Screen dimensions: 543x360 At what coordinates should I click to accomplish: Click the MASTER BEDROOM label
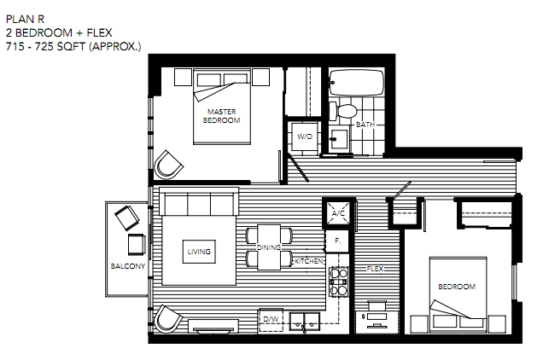click(x=222, y=116)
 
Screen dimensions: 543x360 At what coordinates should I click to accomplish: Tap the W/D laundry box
click(x=305, y=136)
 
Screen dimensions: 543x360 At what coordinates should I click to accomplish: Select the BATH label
click(x=365, y=125)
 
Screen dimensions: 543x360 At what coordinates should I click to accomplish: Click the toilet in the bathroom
click(x=342, y=111)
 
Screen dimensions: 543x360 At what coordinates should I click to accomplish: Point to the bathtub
click(x=357, y=83)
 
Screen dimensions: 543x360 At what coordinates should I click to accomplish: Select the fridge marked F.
click(x=337, y=241)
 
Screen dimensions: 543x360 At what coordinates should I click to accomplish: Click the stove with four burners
click(x=338, y=282)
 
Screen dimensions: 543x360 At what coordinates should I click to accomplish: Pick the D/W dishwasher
click(x=271, y=320)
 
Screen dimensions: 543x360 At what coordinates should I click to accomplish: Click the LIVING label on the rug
click(x=199, y=252)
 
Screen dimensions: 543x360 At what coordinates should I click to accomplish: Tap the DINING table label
click(x=268, y=247)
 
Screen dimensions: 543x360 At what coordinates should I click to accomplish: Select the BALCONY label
click(x=128, y=266)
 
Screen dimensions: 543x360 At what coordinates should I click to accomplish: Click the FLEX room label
click(x=375, y=269)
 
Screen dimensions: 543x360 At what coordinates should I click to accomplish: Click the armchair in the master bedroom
click(x=168, y=165)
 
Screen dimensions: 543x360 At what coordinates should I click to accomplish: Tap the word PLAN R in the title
click(x=26, y=20)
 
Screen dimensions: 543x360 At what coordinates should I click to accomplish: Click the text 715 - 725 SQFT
click(x=46, y=46)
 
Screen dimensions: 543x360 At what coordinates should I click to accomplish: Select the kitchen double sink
click(x=305, y=322)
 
